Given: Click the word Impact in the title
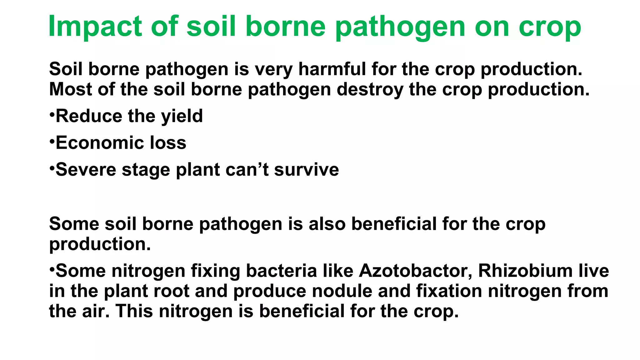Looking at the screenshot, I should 95,27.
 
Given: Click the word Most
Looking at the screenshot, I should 70,89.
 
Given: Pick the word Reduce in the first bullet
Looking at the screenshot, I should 89,116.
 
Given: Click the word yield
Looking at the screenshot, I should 182,117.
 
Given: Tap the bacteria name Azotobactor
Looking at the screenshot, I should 416,271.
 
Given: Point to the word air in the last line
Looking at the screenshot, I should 96,311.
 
